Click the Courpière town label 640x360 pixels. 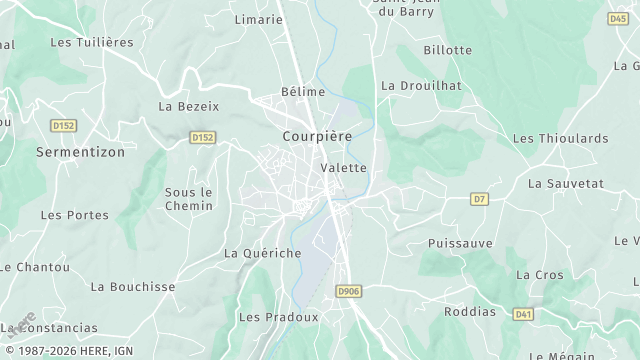click(x=317, y=136)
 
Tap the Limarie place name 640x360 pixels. click(x=258, y=19)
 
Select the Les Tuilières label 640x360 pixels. click(x=92, y=42)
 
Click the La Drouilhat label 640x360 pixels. click(x=421, y=86)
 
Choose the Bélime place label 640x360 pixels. click(x=303, y=92)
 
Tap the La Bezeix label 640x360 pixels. click(x=189, y=106)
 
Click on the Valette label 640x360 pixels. click(x=344, y=168)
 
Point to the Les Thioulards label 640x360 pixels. click(x=559, y=138)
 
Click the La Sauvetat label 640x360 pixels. click(x=565, y=184)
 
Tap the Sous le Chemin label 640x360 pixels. click(x=189, y=199)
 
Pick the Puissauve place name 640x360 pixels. click(x=460, y=243)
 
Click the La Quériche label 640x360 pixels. click(x=263, y=253)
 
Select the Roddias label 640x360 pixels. click(x=469, y=311)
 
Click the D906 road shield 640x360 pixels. click(x=348, y=291)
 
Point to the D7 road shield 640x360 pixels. click(x=480, y=199)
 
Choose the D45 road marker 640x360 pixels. click(x=618, y=18)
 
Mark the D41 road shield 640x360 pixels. click(x=523, y=314)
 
